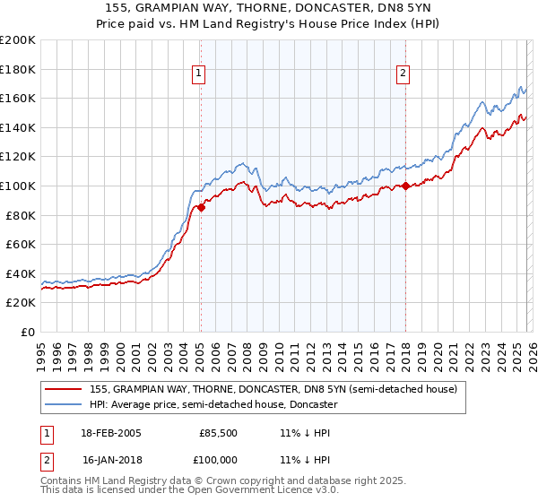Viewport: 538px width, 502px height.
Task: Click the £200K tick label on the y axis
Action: click(18, 40)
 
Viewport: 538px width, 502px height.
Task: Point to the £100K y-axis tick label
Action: click(18, 186)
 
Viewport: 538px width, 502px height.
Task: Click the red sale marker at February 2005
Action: click(201, 207)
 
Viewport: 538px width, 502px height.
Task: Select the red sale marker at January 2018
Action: click(405, 186)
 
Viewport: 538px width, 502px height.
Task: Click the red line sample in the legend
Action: click(64, 389)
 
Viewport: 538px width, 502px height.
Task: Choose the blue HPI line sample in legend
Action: click(64, 405)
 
